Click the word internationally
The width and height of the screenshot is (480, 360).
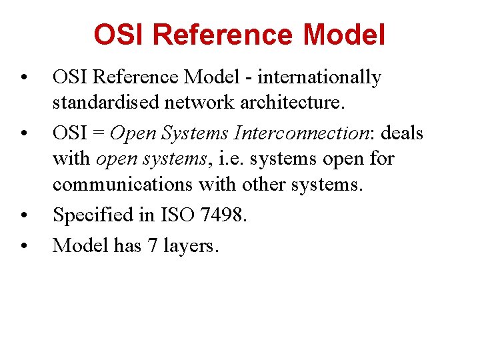[x=319, y=78]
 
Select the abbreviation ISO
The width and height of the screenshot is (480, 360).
[x=179, y=215]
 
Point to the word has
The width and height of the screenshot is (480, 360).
[x=127, y=245]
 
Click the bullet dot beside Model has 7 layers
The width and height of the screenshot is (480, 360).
[x=23, y=247]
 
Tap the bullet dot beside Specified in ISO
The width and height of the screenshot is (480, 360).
[x=23, y=216]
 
